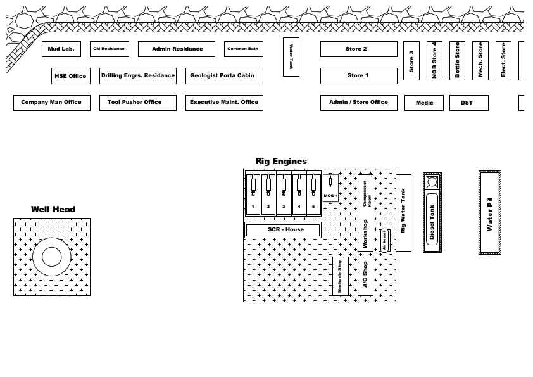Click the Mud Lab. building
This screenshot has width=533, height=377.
point(61,49)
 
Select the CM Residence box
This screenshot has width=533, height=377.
point(109,49)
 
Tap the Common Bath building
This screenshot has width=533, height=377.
point(243,49)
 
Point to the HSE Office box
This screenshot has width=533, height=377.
point(70,76)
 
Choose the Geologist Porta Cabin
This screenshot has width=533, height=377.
point(222,76)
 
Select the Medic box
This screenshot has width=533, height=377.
point(424,103)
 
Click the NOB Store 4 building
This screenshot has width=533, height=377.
point(434,61)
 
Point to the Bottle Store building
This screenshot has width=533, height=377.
point(458,61)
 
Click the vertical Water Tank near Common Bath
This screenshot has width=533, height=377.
point(291,57)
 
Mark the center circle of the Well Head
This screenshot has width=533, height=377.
point(51,257)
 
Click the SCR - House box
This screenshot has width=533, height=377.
point(283,230)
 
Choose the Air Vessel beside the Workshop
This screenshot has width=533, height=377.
point(384,241)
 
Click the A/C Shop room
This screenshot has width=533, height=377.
point(365,276)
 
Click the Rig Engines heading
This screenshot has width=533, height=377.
point(281,162)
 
